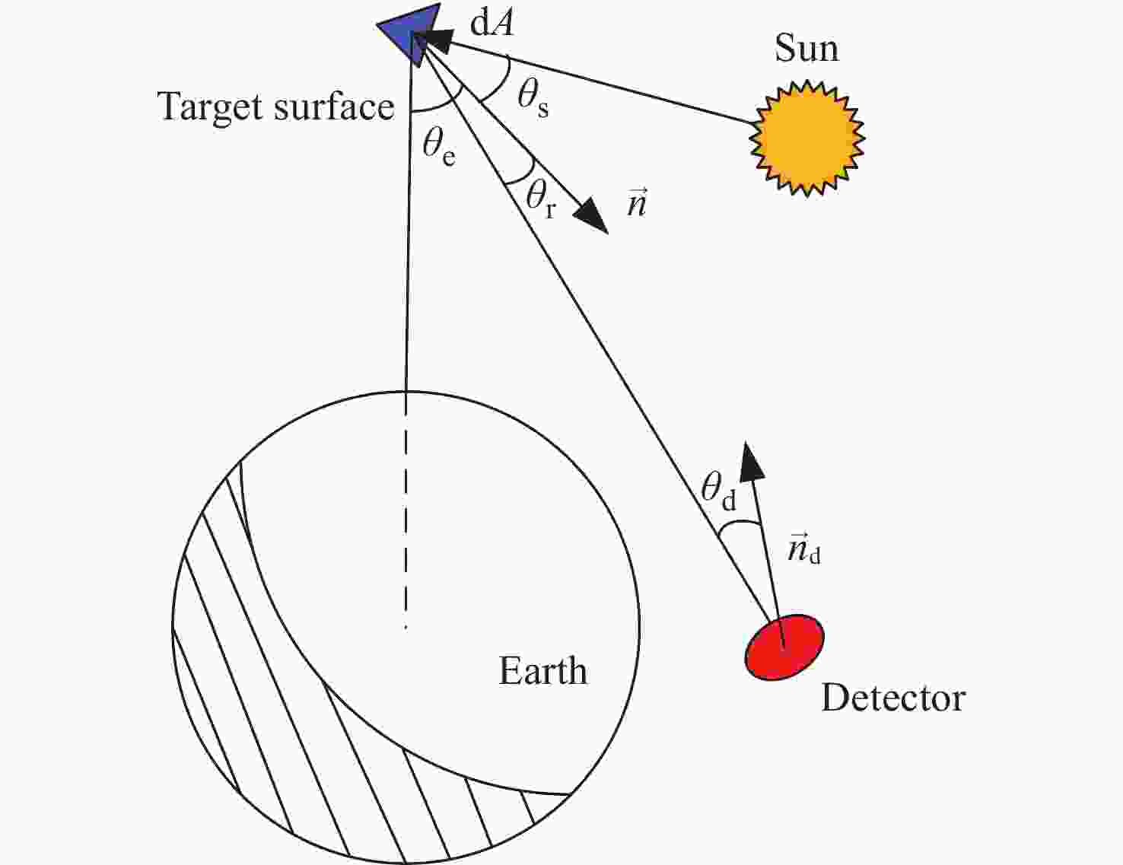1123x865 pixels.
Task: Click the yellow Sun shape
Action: (806, 138)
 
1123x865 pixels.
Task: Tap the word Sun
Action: (806, 49)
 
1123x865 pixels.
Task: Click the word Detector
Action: (893, 698)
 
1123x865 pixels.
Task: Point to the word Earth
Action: (542, 671)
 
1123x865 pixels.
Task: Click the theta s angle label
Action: (533, 99)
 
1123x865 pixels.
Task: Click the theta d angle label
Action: (718, 491)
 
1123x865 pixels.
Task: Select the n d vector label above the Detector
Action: (804, 550)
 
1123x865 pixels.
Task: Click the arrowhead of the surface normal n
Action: (592, 216)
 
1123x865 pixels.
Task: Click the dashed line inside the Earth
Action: (406, 508)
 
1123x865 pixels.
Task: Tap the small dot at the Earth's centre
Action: (406, 628)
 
